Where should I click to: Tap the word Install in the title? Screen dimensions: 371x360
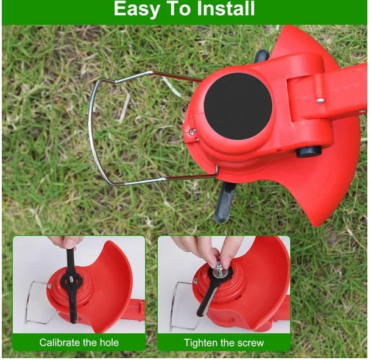pyautogui.click(x=225, y=9)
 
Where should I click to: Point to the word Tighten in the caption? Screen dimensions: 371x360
pyautogui.click(x=201, y=343)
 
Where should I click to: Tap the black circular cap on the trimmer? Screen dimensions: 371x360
pyautogui.click(x=238, y=106)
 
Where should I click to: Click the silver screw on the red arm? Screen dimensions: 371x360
pyautogui.click(x=320, y=101)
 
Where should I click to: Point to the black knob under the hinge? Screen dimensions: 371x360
pyautogui.click(x=308, y=152)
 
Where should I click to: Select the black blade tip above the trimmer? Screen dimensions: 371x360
pyautogui.click(x=262, y=56)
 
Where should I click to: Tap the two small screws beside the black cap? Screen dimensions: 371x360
pyautogui.click(x=194, y=135)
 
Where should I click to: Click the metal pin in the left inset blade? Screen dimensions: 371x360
pyautogui.click(x=71, y=280)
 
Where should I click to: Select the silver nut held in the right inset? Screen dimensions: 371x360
pyautogui.click(x=219, y=269)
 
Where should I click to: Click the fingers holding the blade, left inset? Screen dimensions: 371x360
pyautogui.click(x=67, y=242)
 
